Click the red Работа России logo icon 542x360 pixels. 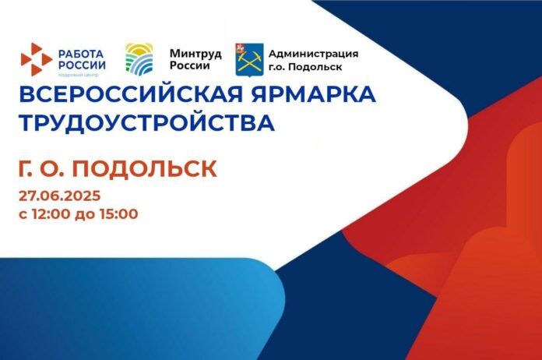coord(36,60)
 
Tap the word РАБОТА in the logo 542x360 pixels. coord(82,53)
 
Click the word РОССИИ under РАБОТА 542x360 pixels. coord(82,65)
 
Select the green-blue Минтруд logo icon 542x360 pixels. coord(140,59)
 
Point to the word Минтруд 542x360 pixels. coord(195,53)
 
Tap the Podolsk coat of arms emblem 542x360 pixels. coord(249,59)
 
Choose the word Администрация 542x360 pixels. coord(313,53)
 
